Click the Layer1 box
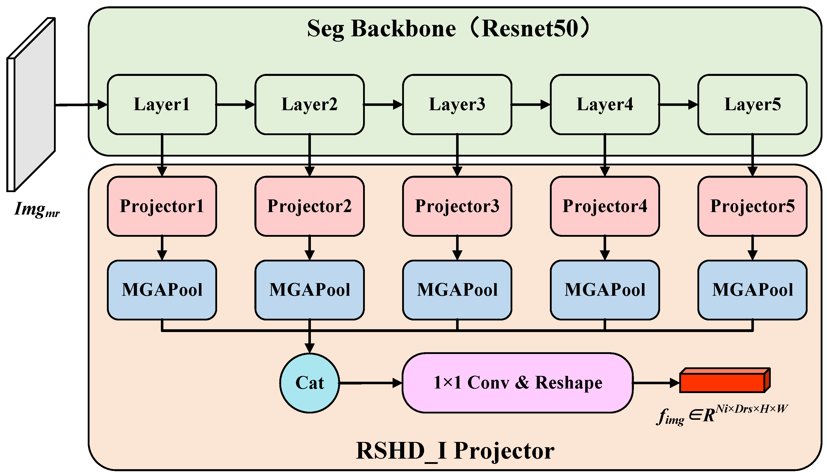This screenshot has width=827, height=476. (x=162, y=104)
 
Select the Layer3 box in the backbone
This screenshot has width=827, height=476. (x=457, y=104)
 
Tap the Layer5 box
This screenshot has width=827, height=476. (x=752, y=104)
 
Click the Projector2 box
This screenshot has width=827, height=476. (x=309, y=206)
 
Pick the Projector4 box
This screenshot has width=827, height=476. (x=605, y=206)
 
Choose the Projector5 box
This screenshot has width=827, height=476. (x=752, y=206)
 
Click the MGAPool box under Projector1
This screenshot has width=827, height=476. (x=162, y=290)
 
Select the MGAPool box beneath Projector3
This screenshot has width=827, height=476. (x=457, y=290)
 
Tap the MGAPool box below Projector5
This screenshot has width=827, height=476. (x=752, y=290)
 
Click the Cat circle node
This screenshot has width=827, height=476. (x=309, y=383)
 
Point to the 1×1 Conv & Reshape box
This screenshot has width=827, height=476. (x=517, y=382)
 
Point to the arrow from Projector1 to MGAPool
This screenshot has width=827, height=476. (x=162, y=248)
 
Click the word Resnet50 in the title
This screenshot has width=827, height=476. (x=529, y=29)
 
